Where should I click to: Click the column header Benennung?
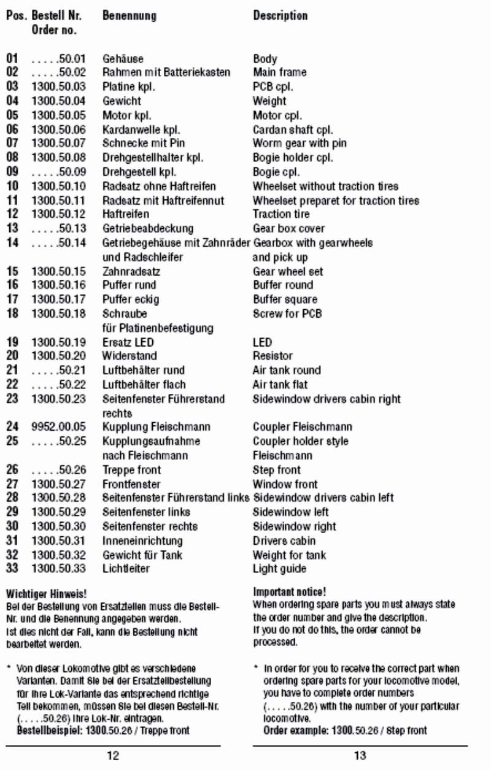(129, 15)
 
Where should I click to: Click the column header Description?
(280, 15)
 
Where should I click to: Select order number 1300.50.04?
(59, 101)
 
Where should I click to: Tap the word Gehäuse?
(123, 59)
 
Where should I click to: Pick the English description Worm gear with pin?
(300, 144)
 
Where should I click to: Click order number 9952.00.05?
(59, 427)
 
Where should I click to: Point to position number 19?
(12, 342)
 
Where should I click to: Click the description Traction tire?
(281, 215)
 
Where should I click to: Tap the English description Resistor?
(273, 356)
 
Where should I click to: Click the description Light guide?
(279, 569)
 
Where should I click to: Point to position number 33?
(12, 569)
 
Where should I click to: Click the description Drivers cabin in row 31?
(284, 541)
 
